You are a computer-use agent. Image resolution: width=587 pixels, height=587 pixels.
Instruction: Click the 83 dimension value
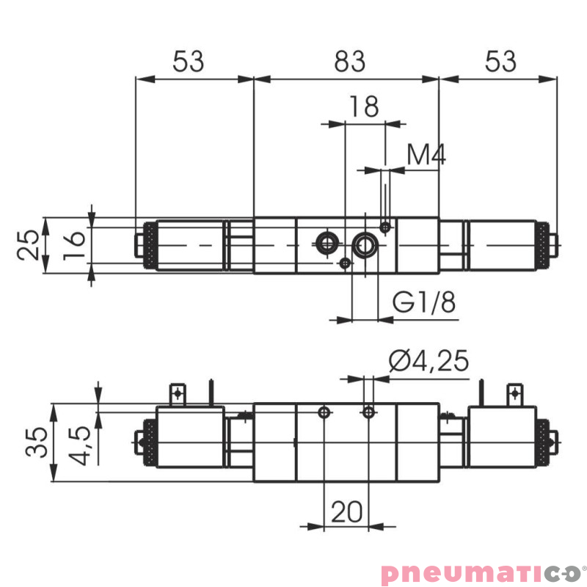pyautogui.click(x=349, y=62)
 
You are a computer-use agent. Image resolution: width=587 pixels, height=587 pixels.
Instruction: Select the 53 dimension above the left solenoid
pyautogui.click(x=188, y=62)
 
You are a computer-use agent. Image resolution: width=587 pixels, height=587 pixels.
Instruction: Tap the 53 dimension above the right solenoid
pyautogui.click(x=500, y=62)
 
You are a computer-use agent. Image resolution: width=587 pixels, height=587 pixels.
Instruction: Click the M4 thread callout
pyautogui.click(x=426, y=155)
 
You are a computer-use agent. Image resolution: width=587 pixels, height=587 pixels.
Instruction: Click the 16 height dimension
pyautogui.click(x=73, y=246)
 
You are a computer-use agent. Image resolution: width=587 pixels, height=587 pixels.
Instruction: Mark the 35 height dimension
pyautogui.click(x=37, y=442)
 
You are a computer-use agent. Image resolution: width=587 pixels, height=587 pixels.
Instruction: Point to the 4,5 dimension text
pyautogui.click(x=82, y=445)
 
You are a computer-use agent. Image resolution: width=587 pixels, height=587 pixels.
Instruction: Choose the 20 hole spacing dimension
pyautogui.click(x=346, y=511)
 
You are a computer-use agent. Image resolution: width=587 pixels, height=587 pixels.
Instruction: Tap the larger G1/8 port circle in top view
pyautogui.click(x=365, y=245)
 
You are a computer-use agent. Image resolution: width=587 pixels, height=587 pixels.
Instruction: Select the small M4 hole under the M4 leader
pyautogui.click(x=385, y=227)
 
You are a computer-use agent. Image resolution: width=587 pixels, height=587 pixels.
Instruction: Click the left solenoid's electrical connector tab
pyautogui.click(x=177, y=394)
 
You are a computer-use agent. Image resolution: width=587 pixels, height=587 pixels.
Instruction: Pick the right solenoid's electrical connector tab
pyautogui.click(x=515, y=394)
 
